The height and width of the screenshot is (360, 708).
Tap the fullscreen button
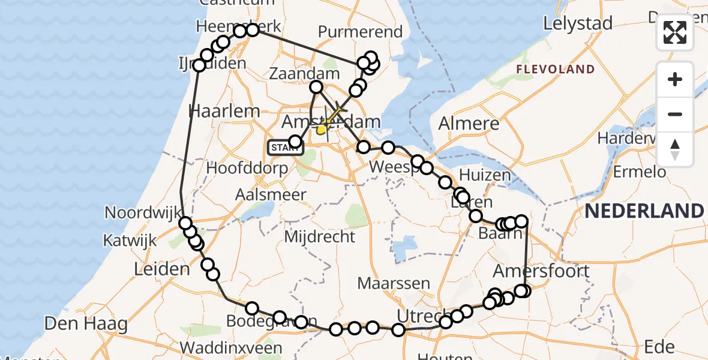tap(675, 32)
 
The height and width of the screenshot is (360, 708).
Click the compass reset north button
tap(675, 149)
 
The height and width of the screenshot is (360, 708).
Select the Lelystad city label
tap(578, 24)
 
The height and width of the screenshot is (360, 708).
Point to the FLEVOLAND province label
tap(556, 70)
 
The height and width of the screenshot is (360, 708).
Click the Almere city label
tap(469, 124)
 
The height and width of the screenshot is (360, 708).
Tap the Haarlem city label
tap(224, 110)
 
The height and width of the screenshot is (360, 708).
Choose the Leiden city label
tap(163, 269)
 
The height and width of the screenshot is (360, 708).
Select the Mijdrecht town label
tap(320, 236)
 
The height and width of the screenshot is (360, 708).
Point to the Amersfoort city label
tap(541, 271)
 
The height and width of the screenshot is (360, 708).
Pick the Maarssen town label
tap(394, 283)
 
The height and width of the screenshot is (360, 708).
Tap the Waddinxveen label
tap(231, 348)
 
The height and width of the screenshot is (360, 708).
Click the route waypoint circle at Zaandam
tap(316, 88)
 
